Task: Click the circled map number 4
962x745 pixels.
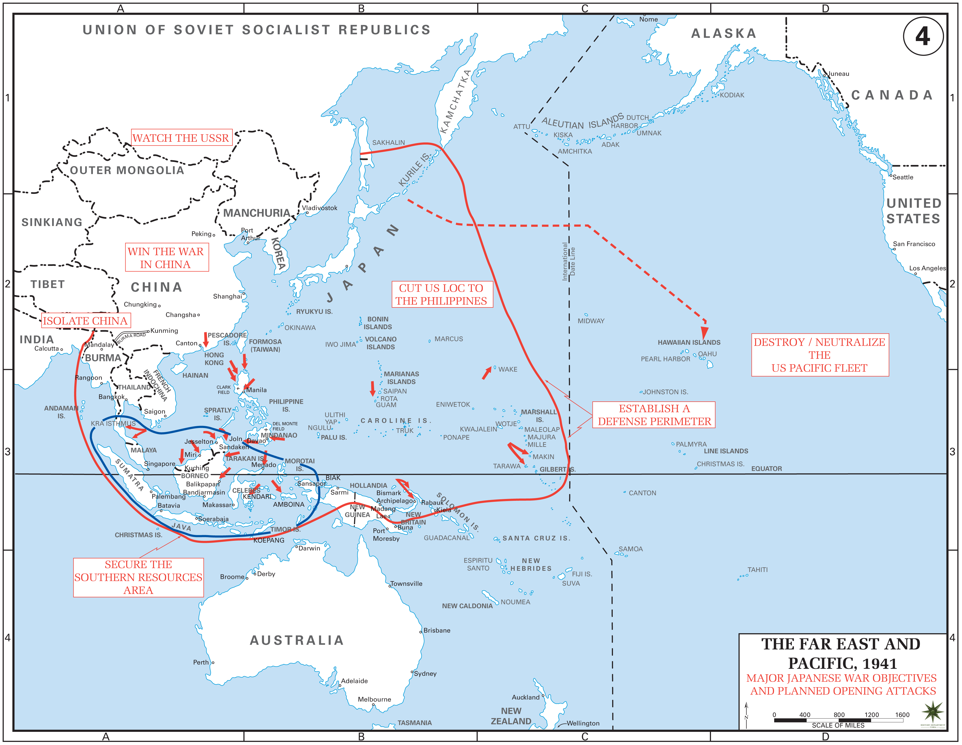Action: click(923, 36)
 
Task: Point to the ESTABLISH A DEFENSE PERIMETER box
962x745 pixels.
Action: click(654, 415)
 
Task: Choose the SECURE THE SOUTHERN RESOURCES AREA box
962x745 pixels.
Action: click(138, 577)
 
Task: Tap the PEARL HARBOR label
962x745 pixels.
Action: click(665, 359)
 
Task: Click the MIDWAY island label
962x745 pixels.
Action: click(591, 321)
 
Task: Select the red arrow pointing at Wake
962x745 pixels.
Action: click(486, 373)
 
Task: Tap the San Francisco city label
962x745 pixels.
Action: click(914, 244)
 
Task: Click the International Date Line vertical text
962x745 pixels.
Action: click(568, 262)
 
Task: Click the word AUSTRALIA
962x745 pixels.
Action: click(296, 640)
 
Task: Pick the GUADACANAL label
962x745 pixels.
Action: click(446, 538)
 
